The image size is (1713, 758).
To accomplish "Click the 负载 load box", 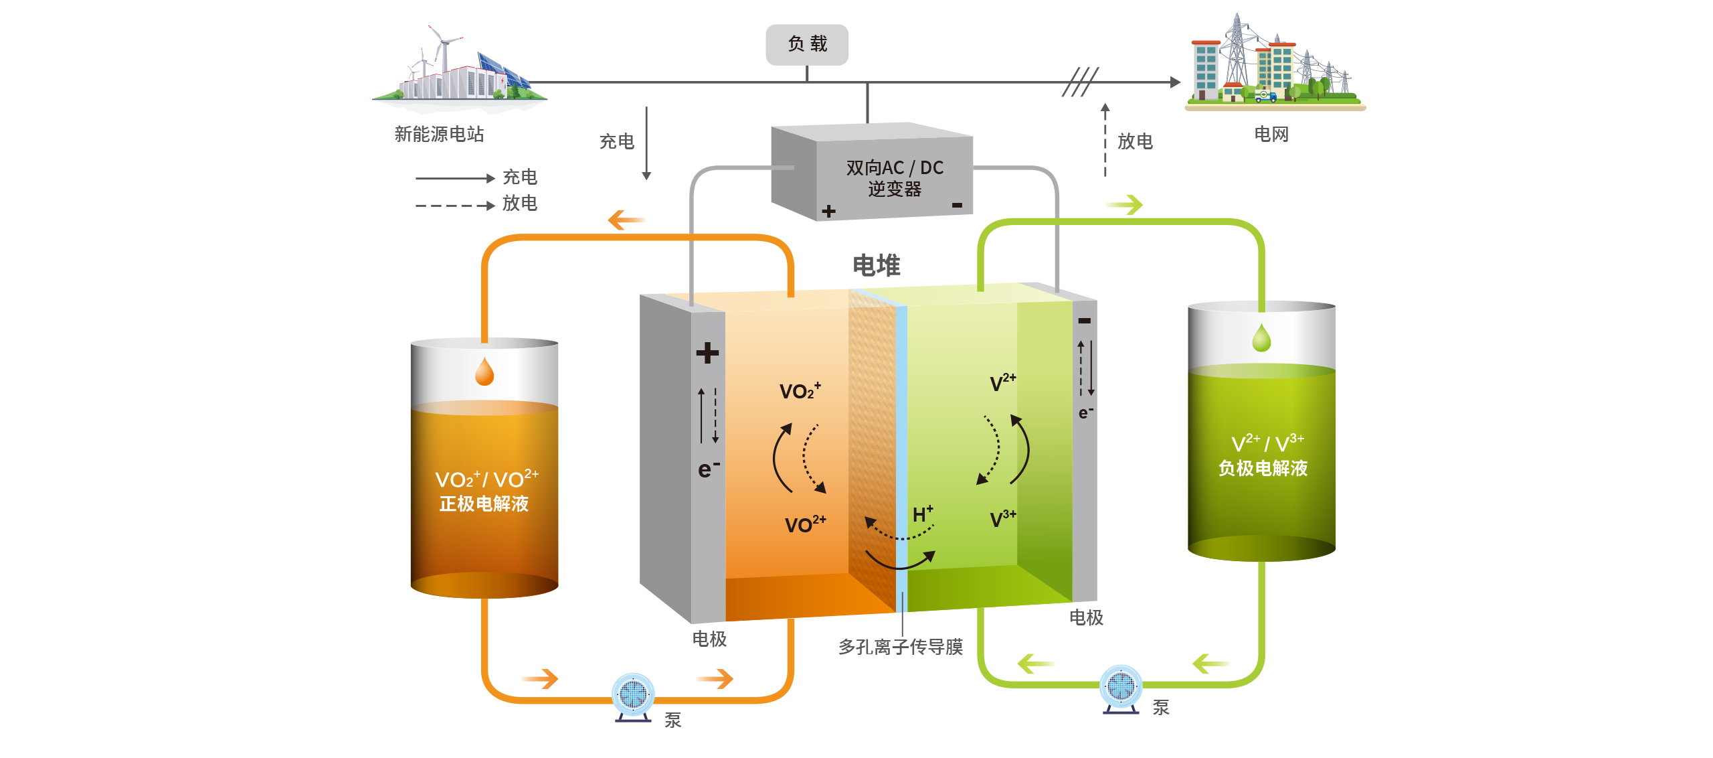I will click(807, 44).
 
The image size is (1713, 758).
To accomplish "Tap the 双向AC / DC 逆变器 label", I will click(894, 178).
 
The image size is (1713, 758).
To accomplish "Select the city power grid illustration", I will click(1275, 64).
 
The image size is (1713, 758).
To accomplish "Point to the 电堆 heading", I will click(876, 266).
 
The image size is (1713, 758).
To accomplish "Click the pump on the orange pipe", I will click(633, 696).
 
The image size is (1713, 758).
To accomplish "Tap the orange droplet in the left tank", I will click(484, 372).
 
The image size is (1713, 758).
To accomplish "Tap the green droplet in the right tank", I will click(1261, 338).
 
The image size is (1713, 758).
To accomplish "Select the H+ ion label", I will click(923, 514).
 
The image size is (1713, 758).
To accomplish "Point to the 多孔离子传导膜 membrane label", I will click(900, 647).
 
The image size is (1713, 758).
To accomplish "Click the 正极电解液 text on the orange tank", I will click(484, 504).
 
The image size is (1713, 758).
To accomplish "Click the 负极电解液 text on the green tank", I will click(1263, 468).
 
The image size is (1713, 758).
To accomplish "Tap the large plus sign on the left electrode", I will click(707, 353).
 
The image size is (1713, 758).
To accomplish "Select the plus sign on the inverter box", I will click(829, 212).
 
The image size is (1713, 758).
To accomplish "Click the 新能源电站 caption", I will click(439, 134).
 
